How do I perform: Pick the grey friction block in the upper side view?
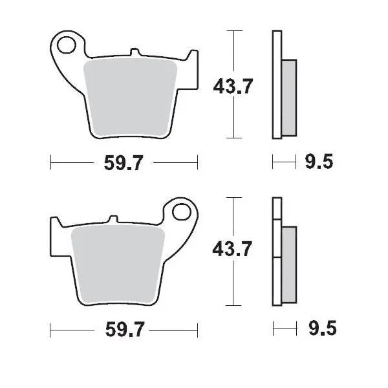coord(289,97)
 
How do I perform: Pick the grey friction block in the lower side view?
coord(288,262)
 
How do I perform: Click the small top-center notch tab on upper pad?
coord(134,51)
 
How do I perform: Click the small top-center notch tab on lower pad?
coord(114,219)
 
